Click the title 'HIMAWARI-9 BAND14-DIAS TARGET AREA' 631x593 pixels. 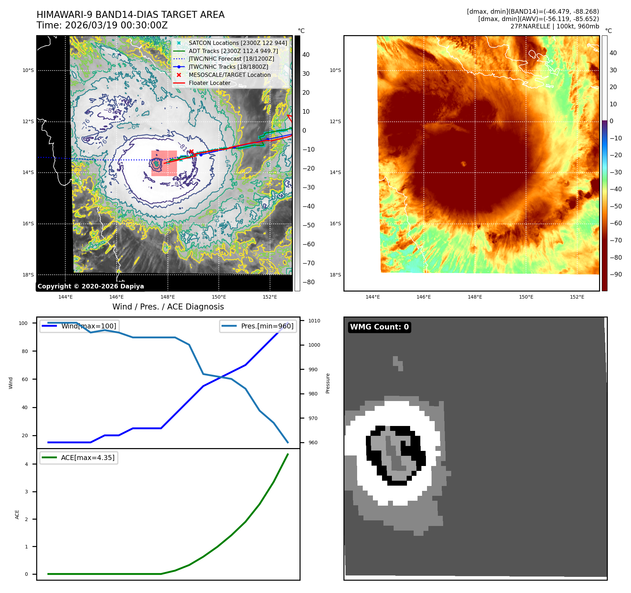130,15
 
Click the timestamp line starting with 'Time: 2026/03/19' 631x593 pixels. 102,26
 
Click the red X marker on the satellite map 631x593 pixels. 191,152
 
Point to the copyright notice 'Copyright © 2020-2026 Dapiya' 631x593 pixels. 91,286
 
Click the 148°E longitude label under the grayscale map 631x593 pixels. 167,297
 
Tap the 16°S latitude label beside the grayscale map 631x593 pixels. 28,224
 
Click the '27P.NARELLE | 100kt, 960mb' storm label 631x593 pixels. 554,26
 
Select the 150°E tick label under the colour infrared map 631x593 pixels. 526,297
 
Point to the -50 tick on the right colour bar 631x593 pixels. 616,206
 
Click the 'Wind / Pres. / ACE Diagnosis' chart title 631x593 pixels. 168,307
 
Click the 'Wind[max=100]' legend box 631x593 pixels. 79,326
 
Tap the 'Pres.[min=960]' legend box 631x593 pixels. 257,326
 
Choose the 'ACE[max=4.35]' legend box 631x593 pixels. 79,458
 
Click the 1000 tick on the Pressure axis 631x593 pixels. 314,345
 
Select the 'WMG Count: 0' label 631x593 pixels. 379,327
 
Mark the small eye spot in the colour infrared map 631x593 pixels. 464,164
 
